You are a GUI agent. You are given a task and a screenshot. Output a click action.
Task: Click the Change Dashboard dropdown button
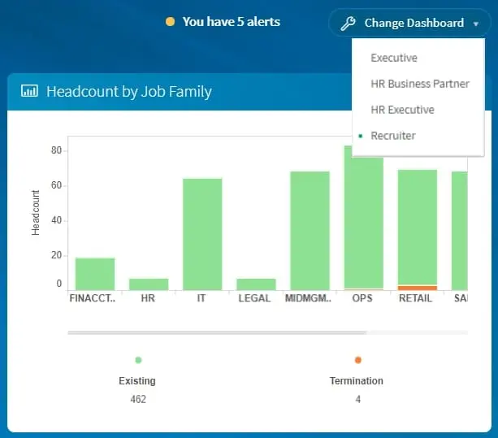pyautogui.click(x=409, y=23)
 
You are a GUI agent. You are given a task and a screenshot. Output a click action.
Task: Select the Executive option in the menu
pyautogui.click(x=394, y=58)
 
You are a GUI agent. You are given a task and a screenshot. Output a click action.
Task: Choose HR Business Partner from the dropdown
pyautogui.click(x=419, y=84)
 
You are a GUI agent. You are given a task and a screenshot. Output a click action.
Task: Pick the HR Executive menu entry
pyautogui.click(x=402, y=110)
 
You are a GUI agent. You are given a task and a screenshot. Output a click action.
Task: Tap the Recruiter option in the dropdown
pyautogui.click(x=392, y=136)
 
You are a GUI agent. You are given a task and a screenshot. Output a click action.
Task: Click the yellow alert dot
pyautogui.click(x=170, y=22)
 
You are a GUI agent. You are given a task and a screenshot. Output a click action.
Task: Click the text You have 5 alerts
pyautogui.click(x=231, y=22)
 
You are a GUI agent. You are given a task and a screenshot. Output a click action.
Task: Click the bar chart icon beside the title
pyautogui.click(x=29, y=91)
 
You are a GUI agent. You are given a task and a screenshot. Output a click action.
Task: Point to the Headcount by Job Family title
pyautogui.click(x=128, y=91)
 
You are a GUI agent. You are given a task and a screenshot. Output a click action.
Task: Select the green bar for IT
pyautogui.click(x=202, y=233)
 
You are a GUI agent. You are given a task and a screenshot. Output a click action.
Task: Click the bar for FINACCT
pyautogui.click(x=95, y=273)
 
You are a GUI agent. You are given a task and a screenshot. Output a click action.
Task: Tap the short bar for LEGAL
pyautogui.click(x=256, y=284)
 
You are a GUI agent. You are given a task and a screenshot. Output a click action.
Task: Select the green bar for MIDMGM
pyautogui.click(x=310, y=230)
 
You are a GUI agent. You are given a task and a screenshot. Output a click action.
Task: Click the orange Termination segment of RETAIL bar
pyautogui.click(x=418, y=288)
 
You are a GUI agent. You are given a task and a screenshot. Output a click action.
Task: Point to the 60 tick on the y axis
pyautogui.click(x=56, y=185)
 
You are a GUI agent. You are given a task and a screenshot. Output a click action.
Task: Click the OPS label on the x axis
pyautogui.click(x=362, y=298)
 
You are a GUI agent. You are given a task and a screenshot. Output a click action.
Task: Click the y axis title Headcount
pyautogui.click(x=36, y=213)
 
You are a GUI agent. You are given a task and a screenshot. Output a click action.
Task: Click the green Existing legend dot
pyautogui.click(x=138, y=360)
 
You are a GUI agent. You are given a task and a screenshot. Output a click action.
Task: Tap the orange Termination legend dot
pyautogui.click(x=357, y=360)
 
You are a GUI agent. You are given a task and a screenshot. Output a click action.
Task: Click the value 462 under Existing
pyautogui.click(x=138, y=399)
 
